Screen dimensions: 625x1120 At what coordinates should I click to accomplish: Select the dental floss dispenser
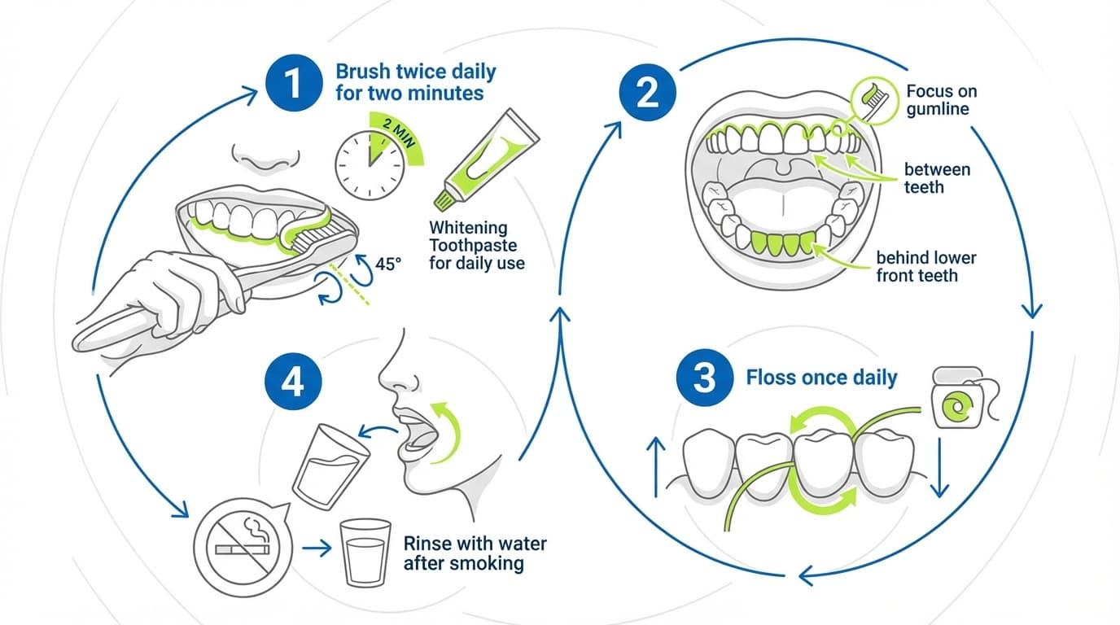(953, 400)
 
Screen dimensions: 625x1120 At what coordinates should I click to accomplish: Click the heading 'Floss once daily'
(821, 378)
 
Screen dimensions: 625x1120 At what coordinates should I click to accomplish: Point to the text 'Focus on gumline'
(941, 99)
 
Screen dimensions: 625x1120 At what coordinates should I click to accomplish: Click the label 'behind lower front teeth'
(925, 266)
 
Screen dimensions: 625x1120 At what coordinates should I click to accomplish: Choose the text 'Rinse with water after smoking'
(475, 553)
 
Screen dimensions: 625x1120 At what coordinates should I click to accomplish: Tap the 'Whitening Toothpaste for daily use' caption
(476, 245)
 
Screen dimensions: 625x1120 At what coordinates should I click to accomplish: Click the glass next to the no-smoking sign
(364, 552)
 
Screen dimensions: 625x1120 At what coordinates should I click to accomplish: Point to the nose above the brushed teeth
(260, 156)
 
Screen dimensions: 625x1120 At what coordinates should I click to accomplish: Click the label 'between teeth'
(937, 178)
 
